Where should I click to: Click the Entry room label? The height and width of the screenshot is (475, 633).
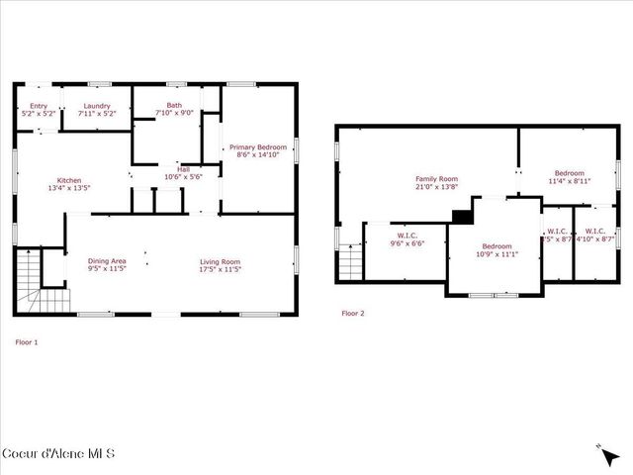[x=39, y=110]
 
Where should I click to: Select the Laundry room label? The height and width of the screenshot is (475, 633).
[x=96, y=110]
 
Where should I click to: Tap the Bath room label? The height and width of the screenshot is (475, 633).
[x=174, y=109]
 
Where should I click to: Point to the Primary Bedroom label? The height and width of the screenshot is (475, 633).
[x=255, y=150]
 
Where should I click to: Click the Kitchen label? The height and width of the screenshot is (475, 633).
[x=69, y=183]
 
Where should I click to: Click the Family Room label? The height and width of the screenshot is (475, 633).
[x=433, y=182]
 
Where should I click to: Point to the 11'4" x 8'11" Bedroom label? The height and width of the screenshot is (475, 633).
[x=569, y=177]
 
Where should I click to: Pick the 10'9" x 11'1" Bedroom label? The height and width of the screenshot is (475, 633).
[x=497, y=249]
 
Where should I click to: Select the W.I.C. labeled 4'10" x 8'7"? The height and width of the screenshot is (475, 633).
[x=595, y=236]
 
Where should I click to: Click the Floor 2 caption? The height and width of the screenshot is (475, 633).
[x=353, y=314]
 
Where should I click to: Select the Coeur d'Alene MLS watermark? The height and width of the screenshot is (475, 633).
[x=58, y=453]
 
